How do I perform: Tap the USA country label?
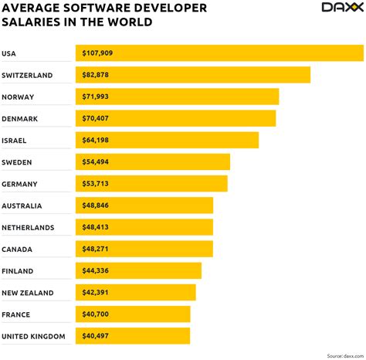point(9,53)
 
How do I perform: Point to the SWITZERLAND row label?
point(27,75)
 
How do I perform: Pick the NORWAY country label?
point(19,97)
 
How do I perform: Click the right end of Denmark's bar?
point(274,118)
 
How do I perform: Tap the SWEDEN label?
point(18,162)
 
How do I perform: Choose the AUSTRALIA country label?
point(22,205)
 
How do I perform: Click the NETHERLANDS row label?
point(28,227)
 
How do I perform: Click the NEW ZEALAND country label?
point(27,293)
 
